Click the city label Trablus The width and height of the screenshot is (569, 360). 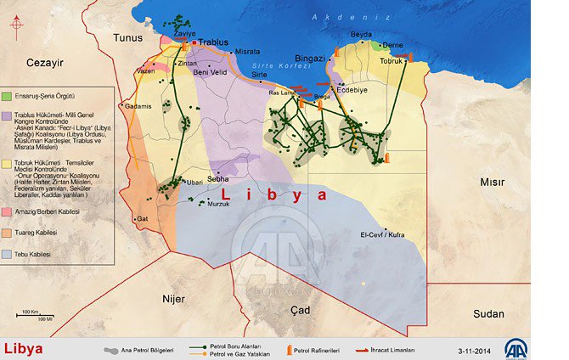pyautogui.click(x=217, y=42)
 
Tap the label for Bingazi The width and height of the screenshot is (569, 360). pyautogui.click(x=310, y=58)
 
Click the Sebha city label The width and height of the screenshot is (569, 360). pyautogui.click(x=218, y=180)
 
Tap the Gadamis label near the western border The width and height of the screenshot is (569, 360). pyautogui.click(x=138, y=106)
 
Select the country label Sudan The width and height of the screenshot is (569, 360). pyautogui.click(x=488, y=313)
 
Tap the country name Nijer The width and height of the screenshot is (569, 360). pyautogui.click(x=173, y=298)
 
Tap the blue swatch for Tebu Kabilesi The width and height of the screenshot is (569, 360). pyautogui.click(x=7, y=254)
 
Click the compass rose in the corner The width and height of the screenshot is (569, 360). pyautogui.click(x=16, y=24)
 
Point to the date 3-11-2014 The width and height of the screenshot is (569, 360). pyautogui.click(x=475, y=351)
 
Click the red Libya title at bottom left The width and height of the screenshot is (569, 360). pyautogui.click(x=24, y=349)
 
